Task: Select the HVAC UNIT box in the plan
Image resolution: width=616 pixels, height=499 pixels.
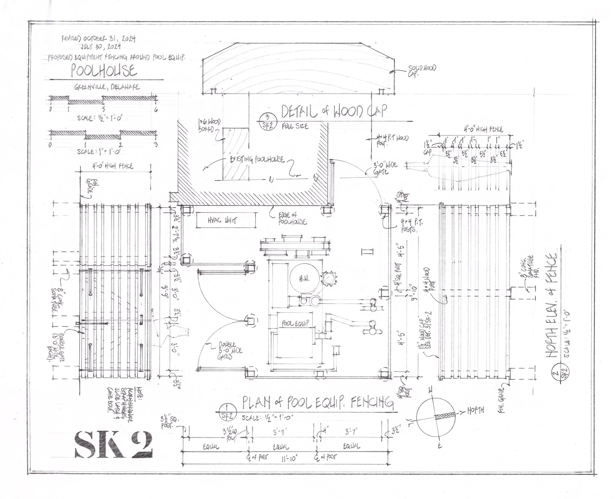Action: pos(226,221)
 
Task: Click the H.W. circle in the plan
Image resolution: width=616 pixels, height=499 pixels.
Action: pos(304,278)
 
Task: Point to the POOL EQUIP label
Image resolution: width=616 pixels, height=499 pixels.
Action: pos(295,323)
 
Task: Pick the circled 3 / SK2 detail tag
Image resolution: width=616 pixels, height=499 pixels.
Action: pos(268,122)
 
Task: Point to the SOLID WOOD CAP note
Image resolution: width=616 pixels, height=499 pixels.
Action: pos(422,70)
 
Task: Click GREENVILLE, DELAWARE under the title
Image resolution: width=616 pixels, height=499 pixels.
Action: pos(107,87)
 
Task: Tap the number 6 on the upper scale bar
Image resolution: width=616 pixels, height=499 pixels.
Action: pos(156,110)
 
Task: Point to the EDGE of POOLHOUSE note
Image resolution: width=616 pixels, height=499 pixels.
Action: pos(292,218)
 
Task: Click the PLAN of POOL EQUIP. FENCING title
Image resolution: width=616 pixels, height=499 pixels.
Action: pos(318,403)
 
